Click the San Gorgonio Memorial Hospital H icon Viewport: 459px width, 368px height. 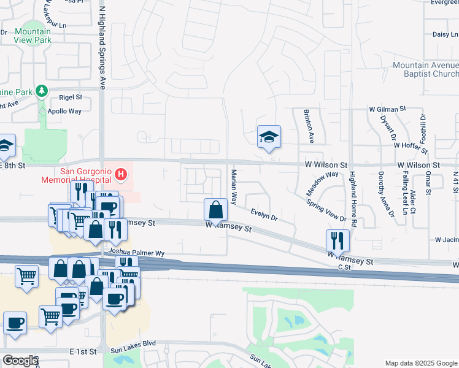pos(121,175)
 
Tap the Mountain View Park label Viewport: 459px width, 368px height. pos(33,36)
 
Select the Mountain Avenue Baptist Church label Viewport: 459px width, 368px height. pos(425,69)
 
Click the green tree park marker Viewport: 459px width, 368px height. pos(42,91)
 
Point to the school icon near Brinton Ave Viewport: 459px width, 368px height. pos(269,137)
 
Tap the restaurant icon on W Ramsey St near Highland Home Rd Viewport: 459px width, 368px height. pos(337,239)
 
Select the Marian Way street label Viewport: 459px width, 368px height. pos(234,186)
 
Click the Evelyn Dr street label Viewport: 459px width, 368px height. pos(264,214)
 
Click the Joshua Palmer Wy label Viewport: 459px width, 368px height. pos(136,252)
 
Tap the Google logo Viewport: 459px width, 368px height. pos(20,361)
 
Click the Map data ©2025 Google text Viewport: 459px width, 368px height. pos(421,363)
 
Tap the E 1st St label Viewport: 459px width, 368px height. pos(83,351)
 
